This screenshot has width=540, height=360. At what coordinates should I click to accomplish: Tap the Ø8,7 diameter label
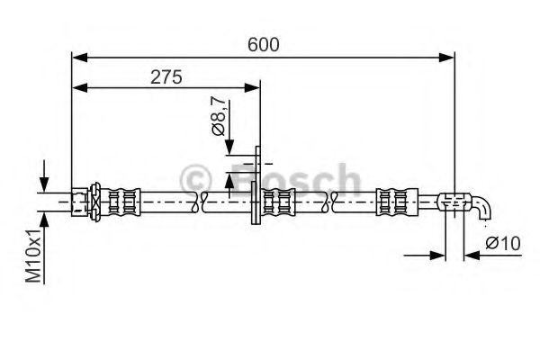(218, 115)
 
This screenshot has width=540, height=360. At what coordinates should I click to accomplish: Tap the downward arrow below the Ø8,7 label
(229, 147)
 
